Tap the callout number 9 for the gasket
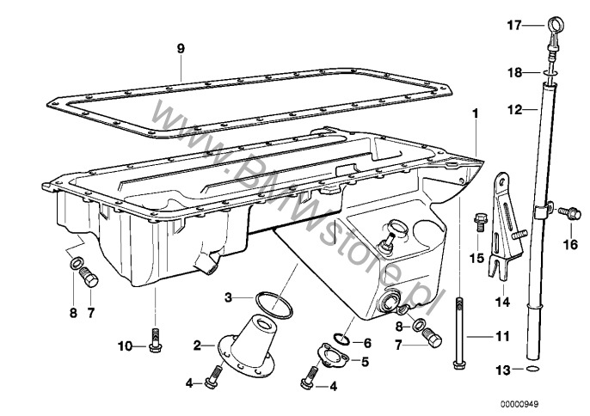(181, 48)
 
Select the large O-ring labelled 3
(273, 303)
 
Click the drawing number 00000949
(519, 404)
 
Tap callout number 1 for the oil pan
(476, 113)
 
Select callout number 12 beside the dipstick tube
(514, 110)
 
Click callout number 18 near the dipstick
(515, 72)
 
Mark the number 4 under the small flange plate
(333, 386)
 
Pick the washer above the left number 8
(76, 264)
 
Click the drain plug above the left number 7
(89, 277)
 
